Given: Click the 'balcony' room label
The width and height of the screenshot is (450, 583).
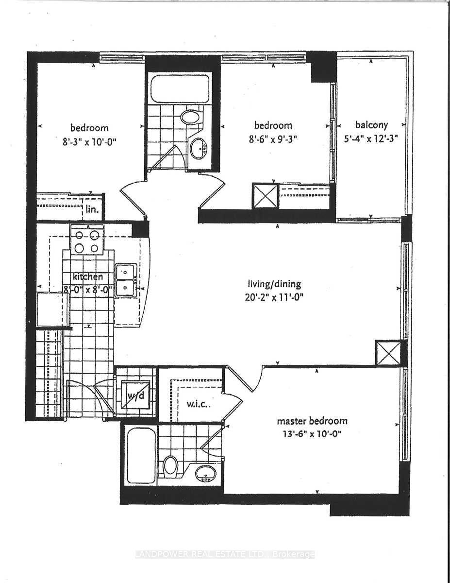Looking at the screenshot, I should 371,125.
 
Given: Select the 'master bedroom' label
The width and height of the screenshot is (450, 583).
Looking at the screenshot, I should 312,421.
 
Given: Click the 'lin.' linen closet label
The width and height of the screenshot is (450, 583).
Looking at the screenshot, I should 92,211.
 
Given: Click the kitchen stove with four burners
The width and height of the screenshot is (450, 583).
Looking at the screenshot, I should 87,240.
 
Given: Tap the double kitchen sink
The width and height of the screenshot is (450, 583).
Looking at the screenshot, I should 125,279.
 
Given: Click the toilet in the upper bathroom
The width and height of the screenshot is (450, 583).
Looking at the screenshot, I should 190,117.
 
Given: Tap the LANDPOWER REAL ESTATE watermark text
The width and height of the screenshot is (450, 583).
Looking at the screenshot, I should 225,554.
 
